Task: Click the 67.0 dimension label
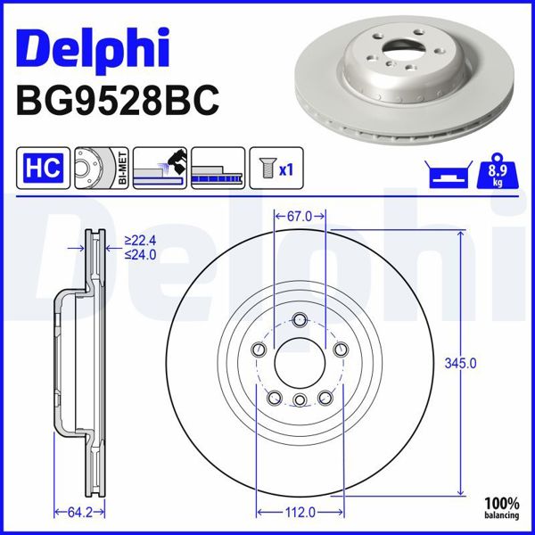point(300,216)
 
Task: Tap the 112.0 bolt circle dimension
point(300,512)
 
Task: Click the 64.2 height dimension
point(81,512)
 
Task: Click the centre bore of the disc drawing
point(300,363)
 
